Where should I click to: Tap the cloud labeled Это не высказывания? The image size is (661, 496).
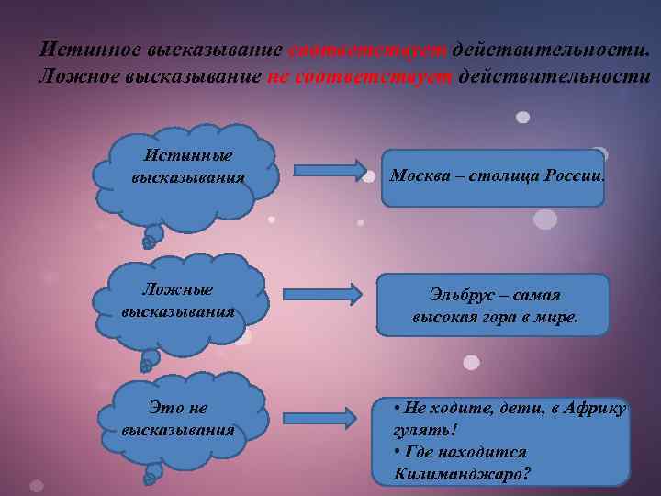tap(179, 419)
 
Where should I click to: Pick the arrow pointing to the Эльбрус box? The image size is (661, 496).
tap(320, 294)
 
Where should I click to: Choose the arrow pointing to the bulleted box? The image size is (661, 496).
tap(319, 418)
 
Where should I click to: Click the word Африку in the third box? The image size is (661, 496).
tap(592, 408)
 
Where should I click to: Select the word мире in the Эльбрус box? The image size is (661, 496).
tap(555, 317)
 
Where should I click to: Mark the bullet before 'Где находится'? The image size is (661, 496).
tap(396, 453)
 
